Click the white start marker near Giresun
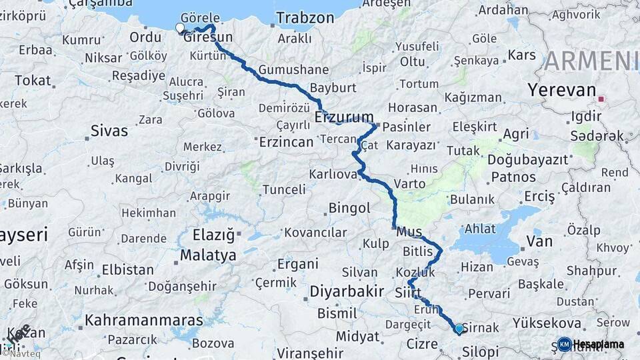click(x=179, y=28)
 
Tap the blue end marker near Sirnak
click(x=459, y=329)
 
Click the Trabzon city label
click(x=305, y=18)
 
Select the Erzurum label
click(x=344, y=118)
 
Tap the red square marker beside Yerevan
click(x=602, y=99)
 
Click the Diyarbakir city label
click(x=347, y=291)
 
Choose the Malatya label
click(x=208, y=255)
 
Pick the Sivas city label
click(x=109, y=130)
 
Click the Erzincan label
click(x=286, y=142)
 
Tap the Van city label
click(x=539, y=241)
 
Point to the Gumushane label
click(x=293, y=69)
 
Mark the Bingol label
click(x=349, y=209)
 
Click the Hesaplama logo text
click(x=599, y=344)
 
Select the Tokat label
click(x=33, y=81)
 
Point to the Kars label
click(x=522, y=55)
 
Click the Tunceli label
click(x=283, y=189)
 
